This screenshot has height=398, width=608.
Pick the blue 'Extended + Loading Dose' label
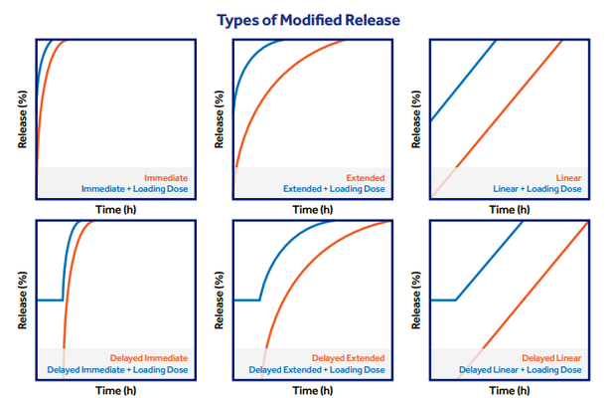coord(333,189)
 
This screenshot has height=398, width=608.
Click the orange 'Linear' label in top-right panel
coord(566,177)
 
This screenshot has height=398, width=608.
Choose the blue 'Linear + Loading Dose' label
coord(537,189)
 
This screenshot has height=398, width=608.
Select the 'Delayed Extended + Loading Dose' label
coord(316,369)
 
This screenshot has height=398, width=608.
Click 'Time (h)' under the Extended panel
coord(312,210)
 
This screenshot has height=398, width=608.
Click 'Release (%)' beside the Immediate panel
coord(21,119)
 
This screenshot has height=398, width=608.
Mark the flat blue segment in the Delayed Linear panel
coord(444,299)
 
